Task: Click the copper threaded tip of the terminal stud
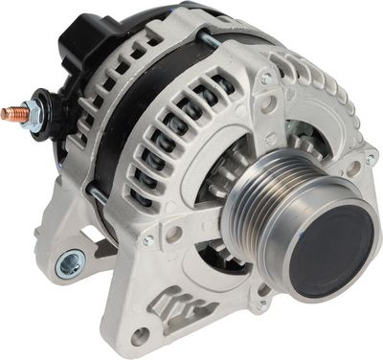pos(10,113)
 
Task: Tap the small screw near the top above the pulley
pos(265,79)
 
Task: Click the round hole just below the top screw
pos(271,100)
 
